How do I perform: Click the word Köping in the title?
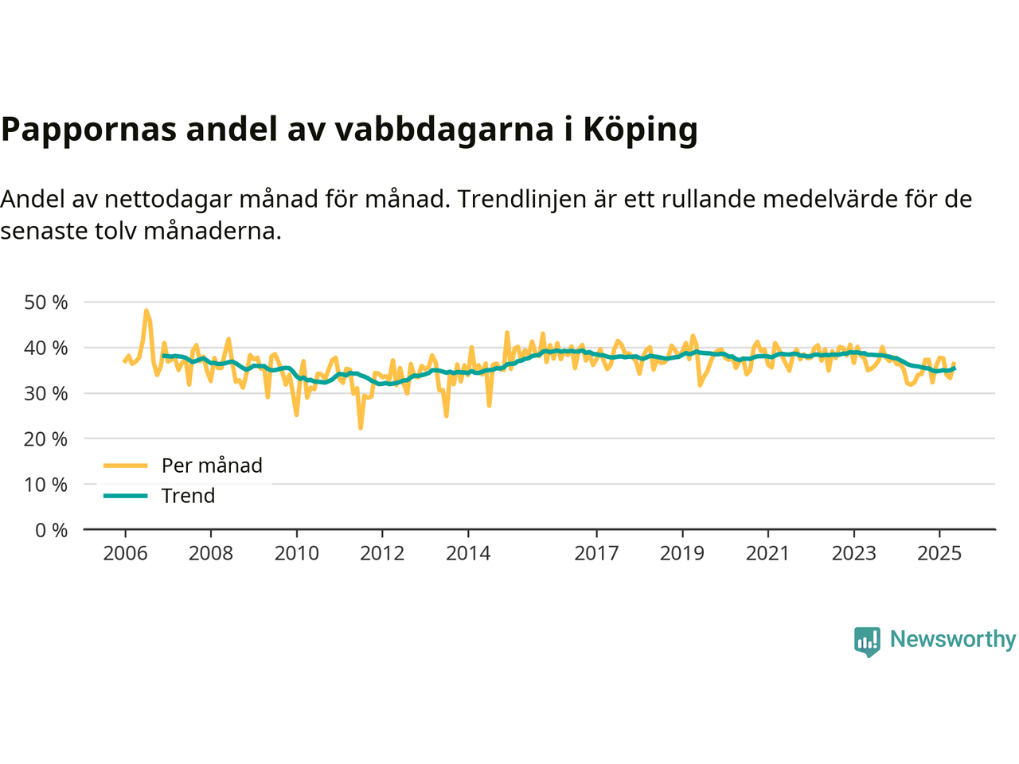[x=640, y=129]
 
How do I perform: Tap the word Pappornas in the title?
[x=88, y=129]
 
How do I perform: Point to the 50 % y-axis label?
[x=46, y=302]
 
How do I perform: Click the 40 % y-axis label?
[x=46, y=348]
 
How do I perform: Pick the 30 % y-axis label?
[x=46, y=393]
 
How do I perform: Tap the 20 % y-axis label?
[x=46, y=439]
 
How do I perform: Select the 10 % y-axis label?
[x=46, y=485]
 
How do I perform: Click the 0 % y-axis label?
[x=51, y=530]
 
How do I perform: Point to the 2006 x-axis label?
[x=125, y=553]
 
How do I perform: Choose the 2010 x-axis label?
[x=296, y=553]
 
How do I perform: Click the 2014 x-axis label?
[x=468, y=553]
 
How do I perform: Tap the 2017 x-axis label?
[x=596, y=553]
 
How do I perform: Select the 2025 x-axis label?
[x=939, y=553]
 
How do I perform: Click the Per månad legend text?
[x=212, y=466]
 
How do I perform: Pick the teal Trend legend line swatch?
[x=126, y=496]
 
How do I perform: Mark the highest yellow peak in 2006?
[x=146, y=310]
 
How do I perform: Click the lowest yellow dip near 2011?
[x=361, y=428]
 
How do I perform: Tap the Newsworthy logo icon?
[x=867, y=641]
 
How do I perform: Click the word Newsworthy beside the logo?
[x=953, y=639]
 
